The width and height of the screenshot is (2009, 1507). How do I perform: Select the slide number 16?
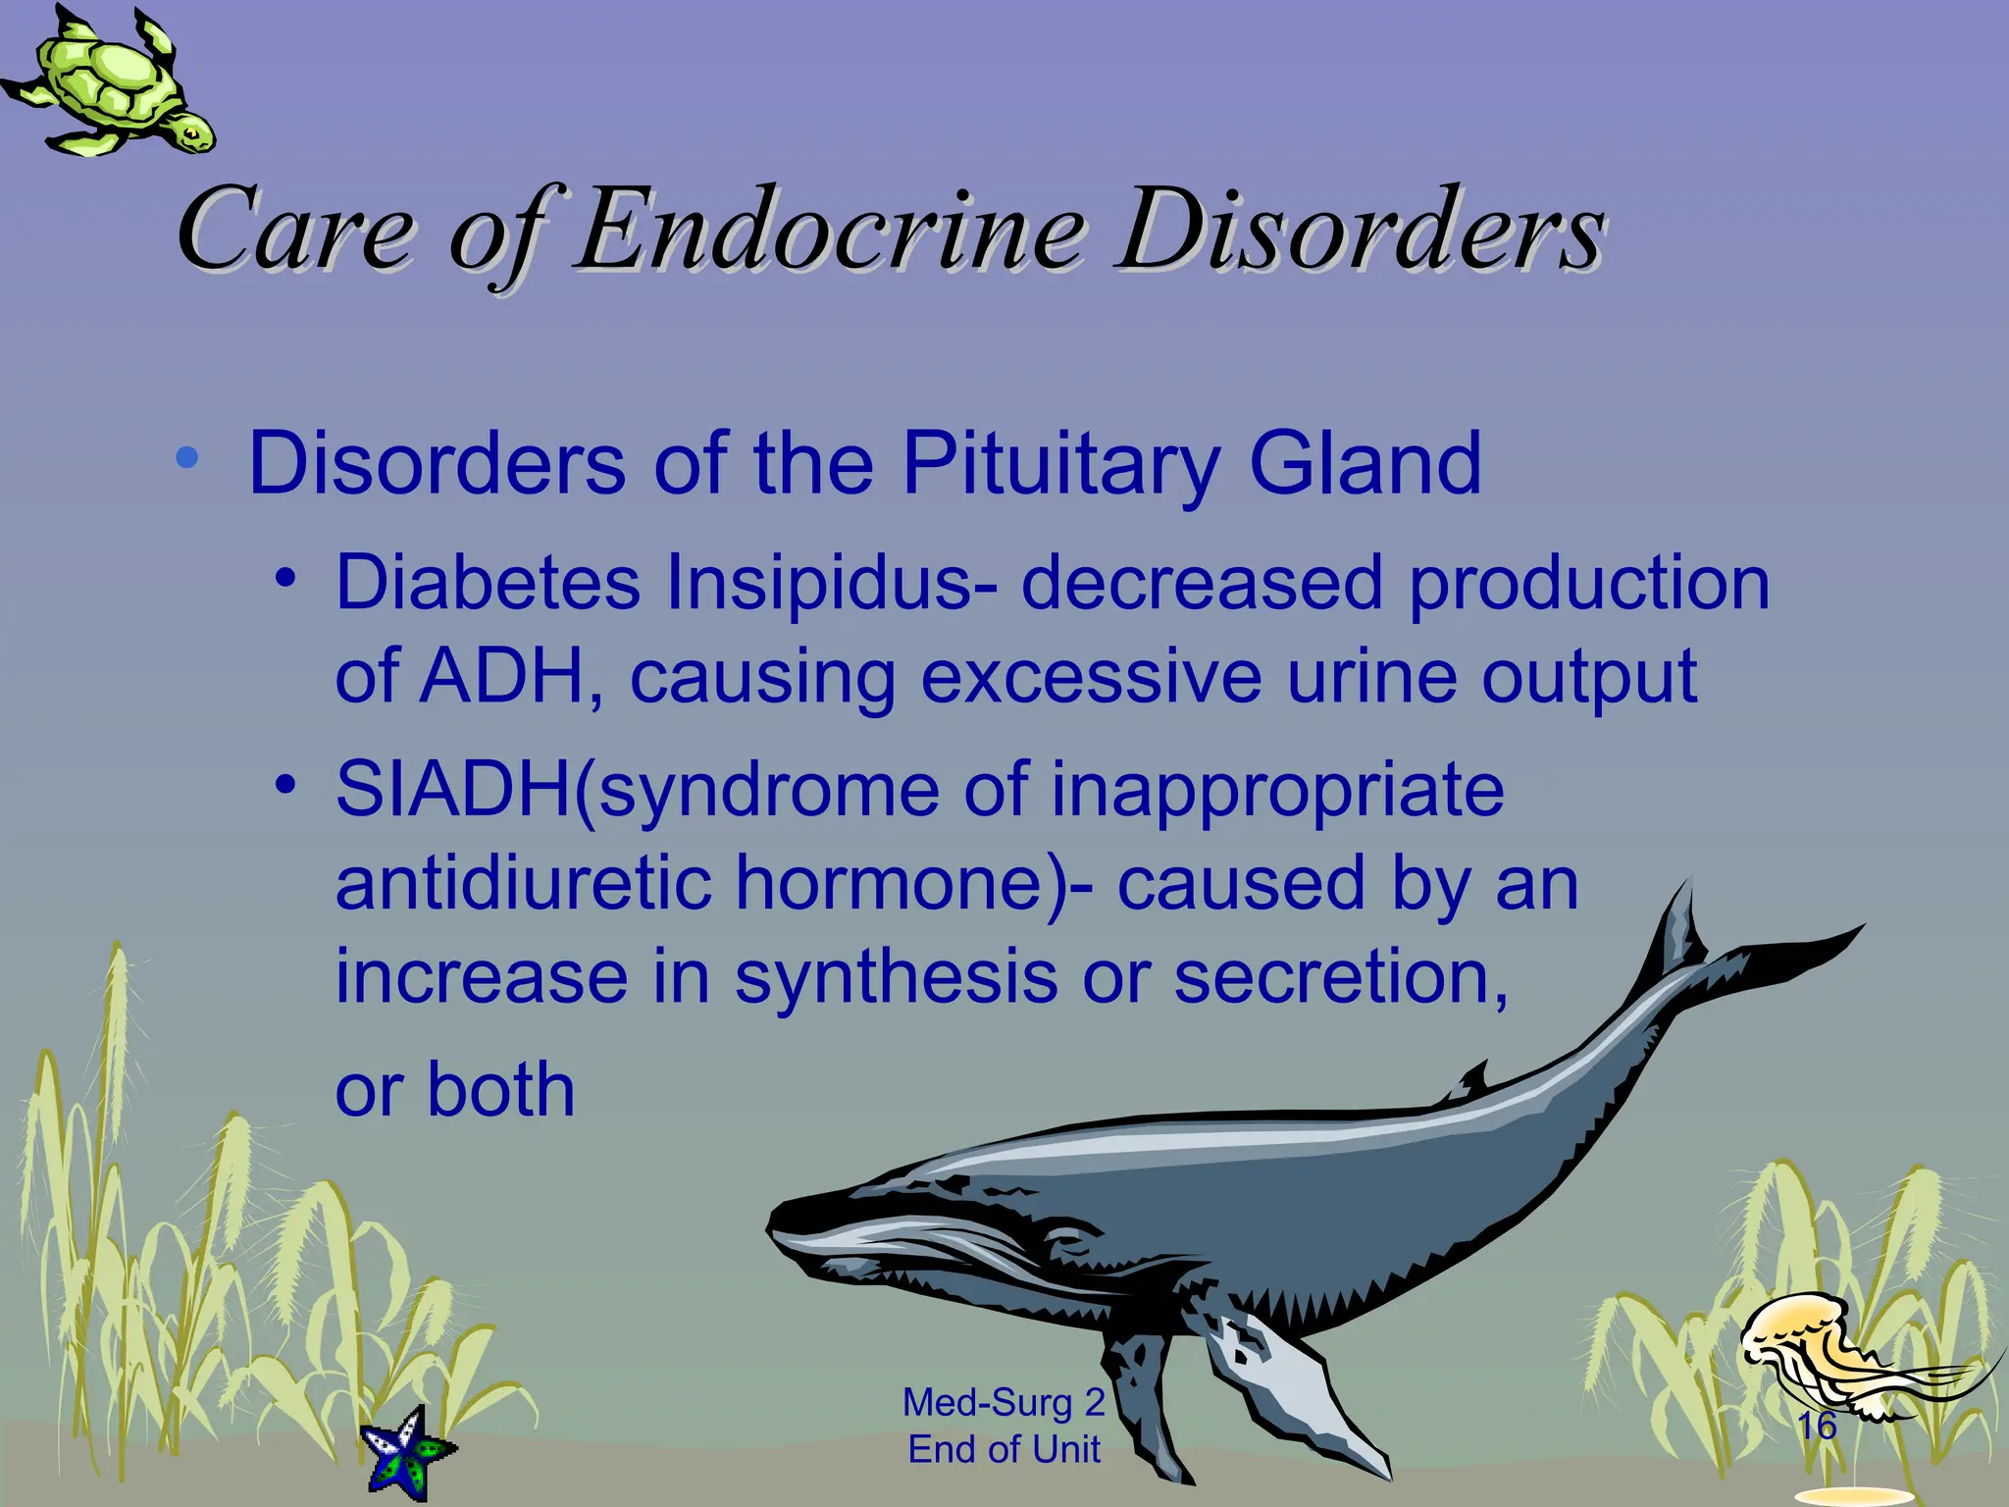tap(1817, 1426)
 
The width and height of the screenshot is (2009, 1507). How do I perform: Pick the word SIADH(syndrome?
tap(638, 791)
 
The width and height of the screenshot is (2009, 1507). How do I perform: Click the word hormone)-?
tap(912, 883)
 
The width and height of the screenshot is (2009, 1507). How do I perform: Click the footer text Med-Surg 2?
tap(1004, 1402)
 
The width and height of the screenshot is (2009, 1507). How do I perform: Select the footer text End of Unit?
tap(1004, 1449)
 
